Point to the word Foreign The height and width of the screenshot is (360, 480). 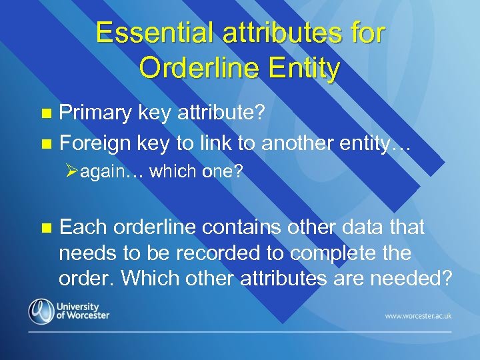point(96,142)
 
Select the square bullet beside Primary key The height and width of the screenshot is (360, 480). point(45,115)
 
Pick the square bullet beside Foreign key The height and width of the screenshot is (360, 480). point(45,143)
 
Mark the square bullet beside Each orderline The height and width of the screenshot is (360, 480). point(45,228)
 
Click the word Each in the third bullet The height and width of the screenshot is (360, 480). point(83,227)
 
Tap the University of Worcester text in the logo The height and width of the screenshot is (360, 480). point(83,311)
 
